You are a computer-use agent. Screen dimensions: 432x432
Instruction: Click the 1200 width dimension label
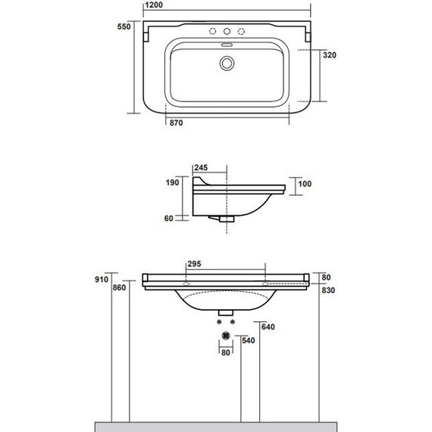[x=154, y=5]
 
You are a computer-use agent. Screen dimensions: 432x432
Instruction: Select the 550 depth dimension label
[x=124, y=27]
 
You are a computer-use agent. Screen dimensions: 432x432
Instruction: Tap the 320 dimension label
[x=330, y=55]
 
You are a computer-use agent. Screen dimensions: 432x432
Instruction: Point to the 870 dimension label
[x=176, y=123]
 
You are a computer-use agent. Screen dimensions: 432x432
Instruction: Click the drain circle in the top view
[x=227, y=64]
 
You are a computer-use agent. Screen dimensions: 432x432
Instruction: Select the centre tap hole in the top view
[x=227, y=31]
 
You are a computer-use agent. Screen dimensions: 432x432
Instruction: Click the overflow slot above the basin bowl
[x=227, y=45]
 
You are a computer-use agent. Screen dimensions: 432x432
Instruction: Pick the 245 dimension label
[x=201, y=167]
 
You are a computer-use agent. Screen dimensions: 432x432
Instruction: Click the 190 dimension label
[x=172, y=183]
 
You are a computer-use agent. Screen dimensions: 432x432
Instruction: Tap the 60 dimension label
[x=168, y=218]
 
